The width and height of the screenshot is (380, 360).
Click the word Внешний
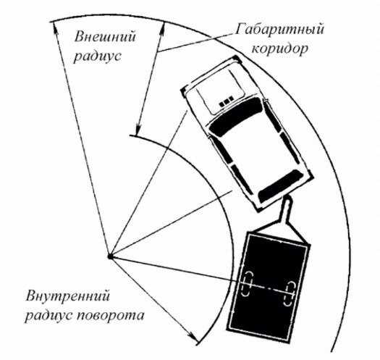pyautogui.click(x=105, y=37)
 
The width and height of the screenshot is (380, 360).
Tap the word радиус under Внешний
pyautogui.click(x=97, y=56)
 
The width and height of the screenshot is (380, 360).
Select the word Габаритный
pyautogui.click(x=279, y=30)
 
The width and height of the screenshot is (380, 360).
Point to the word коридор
pyautogui.click(x=280, y=49)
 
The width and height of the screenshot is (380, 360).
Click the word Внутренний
pyautogui.click(x=67, y=296)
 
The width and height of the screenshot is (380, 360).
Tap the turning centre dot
pyautogui.click(x=110, y=256)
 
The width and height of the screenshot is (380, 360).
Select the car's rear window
pyautogui.click(x=280, y=186)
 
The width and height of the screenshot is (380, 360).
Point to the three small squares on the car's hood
pyautogui.click(x=227, y=102)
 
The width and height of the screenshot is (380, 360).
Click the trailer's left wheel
pyautogui.click(x=247, y=284)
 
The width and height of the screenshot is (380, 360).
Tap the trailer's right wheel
pyautogui.click(x=289, y=293)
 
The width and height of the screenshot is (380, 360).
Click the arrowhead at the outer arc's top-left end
pyautogui.click(x=55, y=28)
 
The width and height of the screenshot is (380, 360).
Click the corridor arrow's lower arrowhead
pyautogui.click(x=138, y=129)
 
